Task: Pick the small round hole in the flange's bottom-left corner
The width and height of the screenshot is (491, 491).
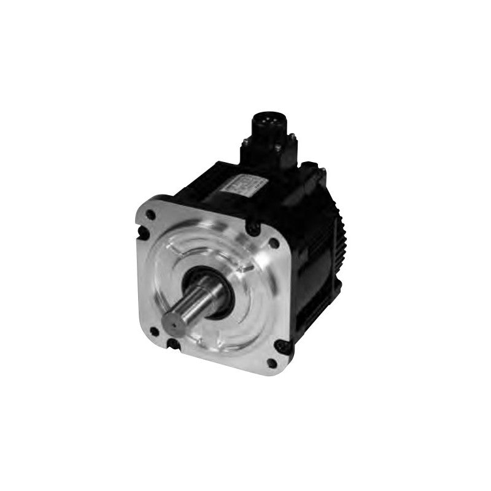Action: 153,331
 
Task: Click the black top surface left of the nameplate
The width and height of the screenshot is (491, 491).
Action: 203,184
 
